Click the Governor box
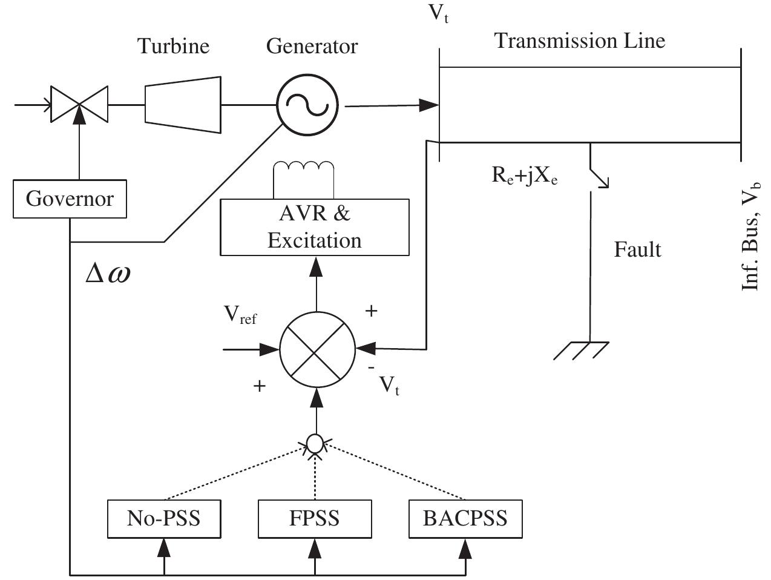70,199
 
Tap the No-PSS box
163,519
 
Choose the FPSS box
314,519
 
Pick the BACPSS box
465,519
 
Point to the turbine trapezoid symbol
183,104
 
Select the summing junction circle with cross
317,350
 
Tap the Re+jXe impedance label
524,176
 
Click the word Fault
637,249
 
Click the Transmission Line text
580,41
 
